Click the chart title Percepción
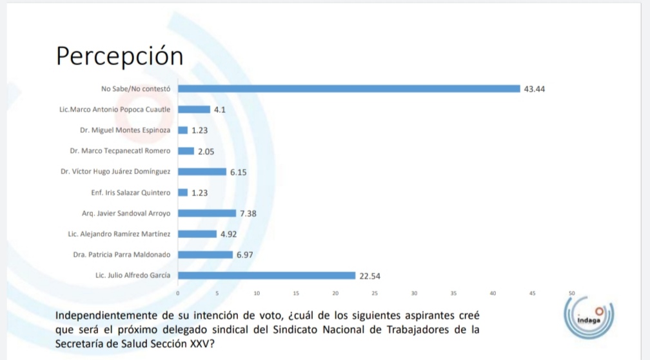(119, 56)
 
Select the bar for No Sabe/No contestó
(349, 89)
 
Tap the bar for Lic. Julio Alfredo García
(266, 275)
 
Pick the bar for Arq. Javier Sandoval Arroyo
(207, 213)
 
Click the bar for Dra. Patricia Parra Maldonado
(205, 255)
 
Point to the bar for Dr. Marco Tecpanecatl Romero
(186, 151)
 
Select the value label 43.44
(535, 89)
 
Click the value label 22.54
(370, 276)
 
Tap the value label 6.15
(239, 172)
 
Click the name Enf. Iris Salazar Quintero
(131, 192)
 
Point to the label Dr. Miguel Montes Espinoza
(125, 130)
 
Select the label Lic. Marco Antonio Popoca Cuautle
(115, 110)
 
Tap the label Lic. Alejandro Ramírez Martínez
(119, 234)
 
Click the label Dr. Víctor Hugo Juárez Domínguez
(115, 172)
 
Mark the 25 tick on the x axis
(375, 293)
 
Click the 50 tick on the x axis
(571, 293)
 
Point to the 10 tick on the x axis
(257, 293)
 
